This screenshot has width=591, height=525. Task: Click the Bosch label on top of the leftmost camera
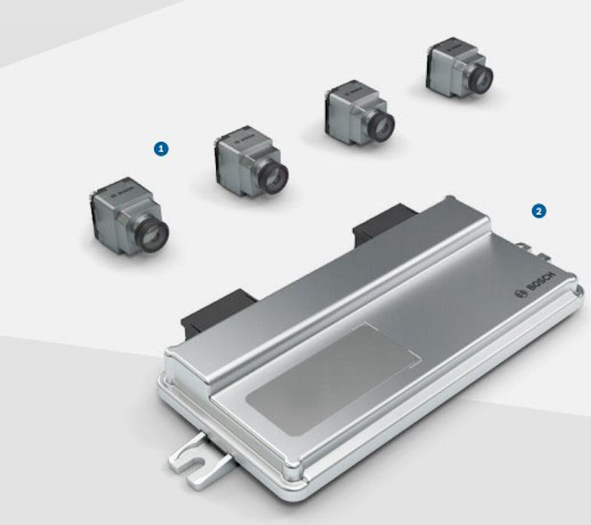[x=120, y=192]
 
